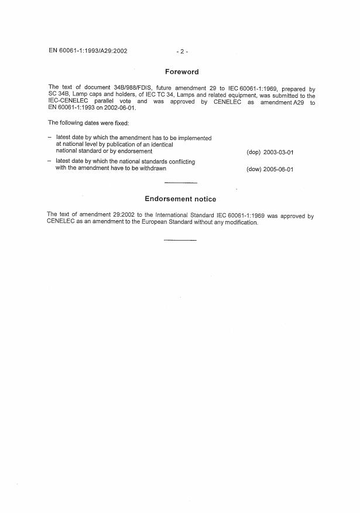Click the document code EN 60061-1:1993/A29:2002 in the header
pos(88,51)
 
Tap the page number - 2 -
pos(181,52)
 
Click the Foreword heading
pos(182,72)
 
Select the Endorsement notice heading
pos(180,199)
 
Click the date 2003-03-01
pos(278,152)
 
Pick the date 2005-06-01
pos(278,170)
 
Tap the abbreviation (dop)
pos(253,152)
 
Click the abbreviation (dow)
pos(254,170)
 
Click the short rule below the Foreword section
pos(181,183)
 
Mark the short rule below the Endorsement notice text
pos(180,240)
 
